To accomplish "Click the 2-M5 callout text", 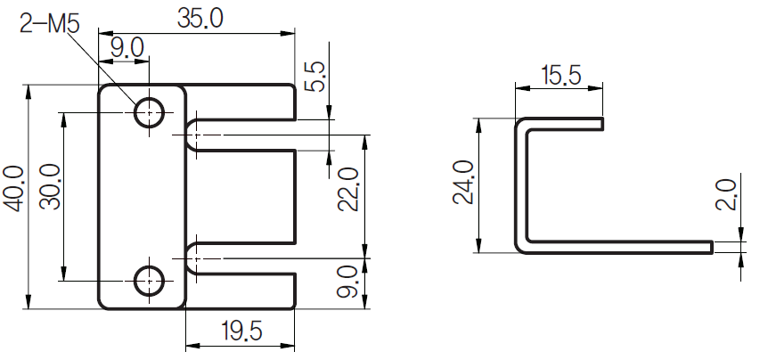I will (x=49, y=24).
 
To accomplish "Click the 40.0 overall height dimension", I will (x=13, y=189).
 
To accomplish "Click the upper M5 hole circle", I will (x=149, y=112).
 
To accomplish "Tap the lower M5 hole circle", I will (x=149, y=280).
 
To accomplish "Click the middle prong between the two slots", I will (x=241, y=196).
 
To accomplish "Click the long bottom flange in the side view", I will (x=624, y=246).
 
